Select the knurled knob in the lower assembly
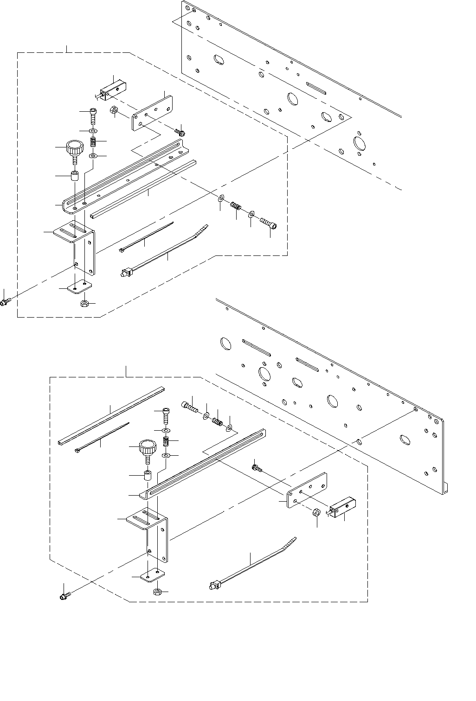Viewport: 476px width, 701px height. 148,449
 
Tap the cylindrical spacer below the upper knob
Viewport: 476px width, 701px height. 74,177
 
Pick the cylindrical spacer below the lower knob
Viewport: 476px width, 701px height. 148,476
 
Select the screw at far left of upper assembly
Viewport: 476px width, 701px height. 5,302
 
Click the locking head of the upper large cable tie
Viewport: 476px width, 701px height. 124,273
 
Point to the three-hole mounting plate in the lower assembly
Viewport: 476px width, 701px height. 307,491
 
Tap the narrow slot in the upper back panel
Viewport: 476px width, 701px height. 317,89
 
